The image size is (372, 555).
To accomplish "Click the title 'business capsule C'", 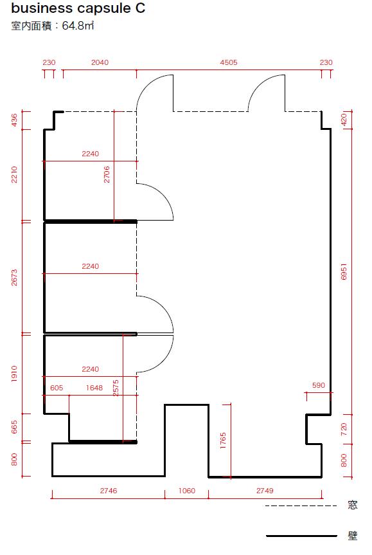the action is click(78, 8).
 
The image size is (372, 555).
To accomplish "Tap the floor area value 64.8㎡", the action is click(78, 26).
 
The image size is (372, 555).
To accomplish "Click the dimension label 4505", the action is click(229, 62).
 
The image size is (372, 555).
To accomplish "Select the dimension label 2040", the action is click(100, 62).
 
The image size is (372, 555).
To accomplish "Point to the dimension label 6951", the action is click(344, 271).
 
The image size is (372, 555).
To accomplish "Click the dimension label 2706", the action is click(107, 174).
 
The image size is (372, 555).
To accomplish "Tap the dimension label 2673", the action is click(14, 278).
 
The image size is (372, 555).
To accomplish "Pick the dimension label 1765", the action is click(223, 441).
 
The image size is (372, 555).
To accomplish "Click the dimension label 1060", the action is click(187, 491).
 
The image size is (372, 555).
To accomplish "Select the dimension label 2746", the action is click(108, 491).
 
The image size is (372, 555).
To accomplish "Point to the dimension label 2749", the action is click(265, 491).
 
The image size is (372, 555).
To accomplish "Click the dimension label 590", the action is click(319, 385).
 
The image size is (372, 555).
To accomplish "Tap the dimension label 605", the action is click(57, 388).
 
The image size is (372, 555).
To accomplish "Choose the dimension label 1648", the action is click(94, 388).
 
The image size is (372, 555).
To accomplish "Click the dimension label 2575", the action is click(116, 388).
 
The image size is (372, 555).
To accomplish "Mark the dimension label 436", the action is click(14, 120).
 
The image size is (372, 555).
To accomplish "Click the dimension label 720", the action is click(344, 429).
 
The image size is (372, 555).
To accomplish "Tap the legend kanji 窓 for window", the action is click(353, 505).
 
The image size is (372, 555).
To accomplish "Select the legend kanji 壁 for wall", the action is click(353, 536).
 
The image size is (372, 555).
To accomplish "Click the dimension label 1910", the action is click(14, 374).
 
